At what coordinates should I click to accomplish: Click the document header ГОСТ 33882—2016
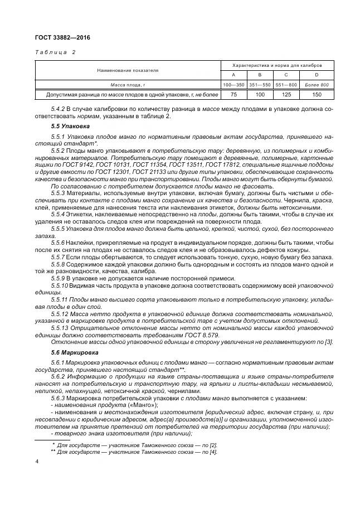coord(62,37)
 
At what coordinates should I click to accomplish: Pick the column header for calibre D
coord(317,74)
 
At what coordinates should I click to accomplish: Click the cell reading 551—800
coord(286,84)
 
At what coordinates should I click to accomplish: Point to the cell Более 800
coord(317,84)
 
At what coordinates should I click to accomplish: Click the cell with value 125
coord(286,95)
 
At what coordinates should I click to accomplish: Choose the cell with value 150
coord(317,95)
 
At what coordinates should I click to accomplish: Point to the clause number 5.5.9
coord(59,277)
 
